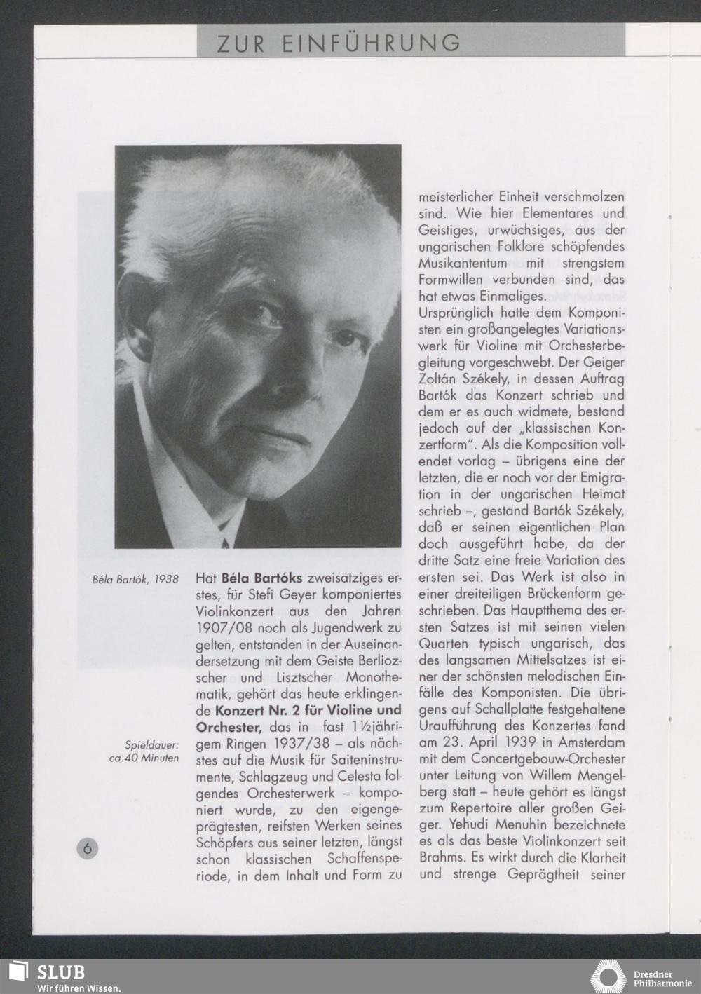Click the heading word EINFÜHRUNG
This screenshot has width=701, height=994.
372,43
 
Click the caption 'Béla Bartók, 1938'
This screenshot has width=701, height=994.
135,580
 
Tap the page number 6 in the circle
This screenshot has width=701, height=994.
88,847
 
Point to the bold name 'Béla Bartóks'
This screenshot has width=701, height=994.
261,579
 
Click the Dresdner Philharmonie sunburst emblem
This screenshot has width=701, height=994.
608,976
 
